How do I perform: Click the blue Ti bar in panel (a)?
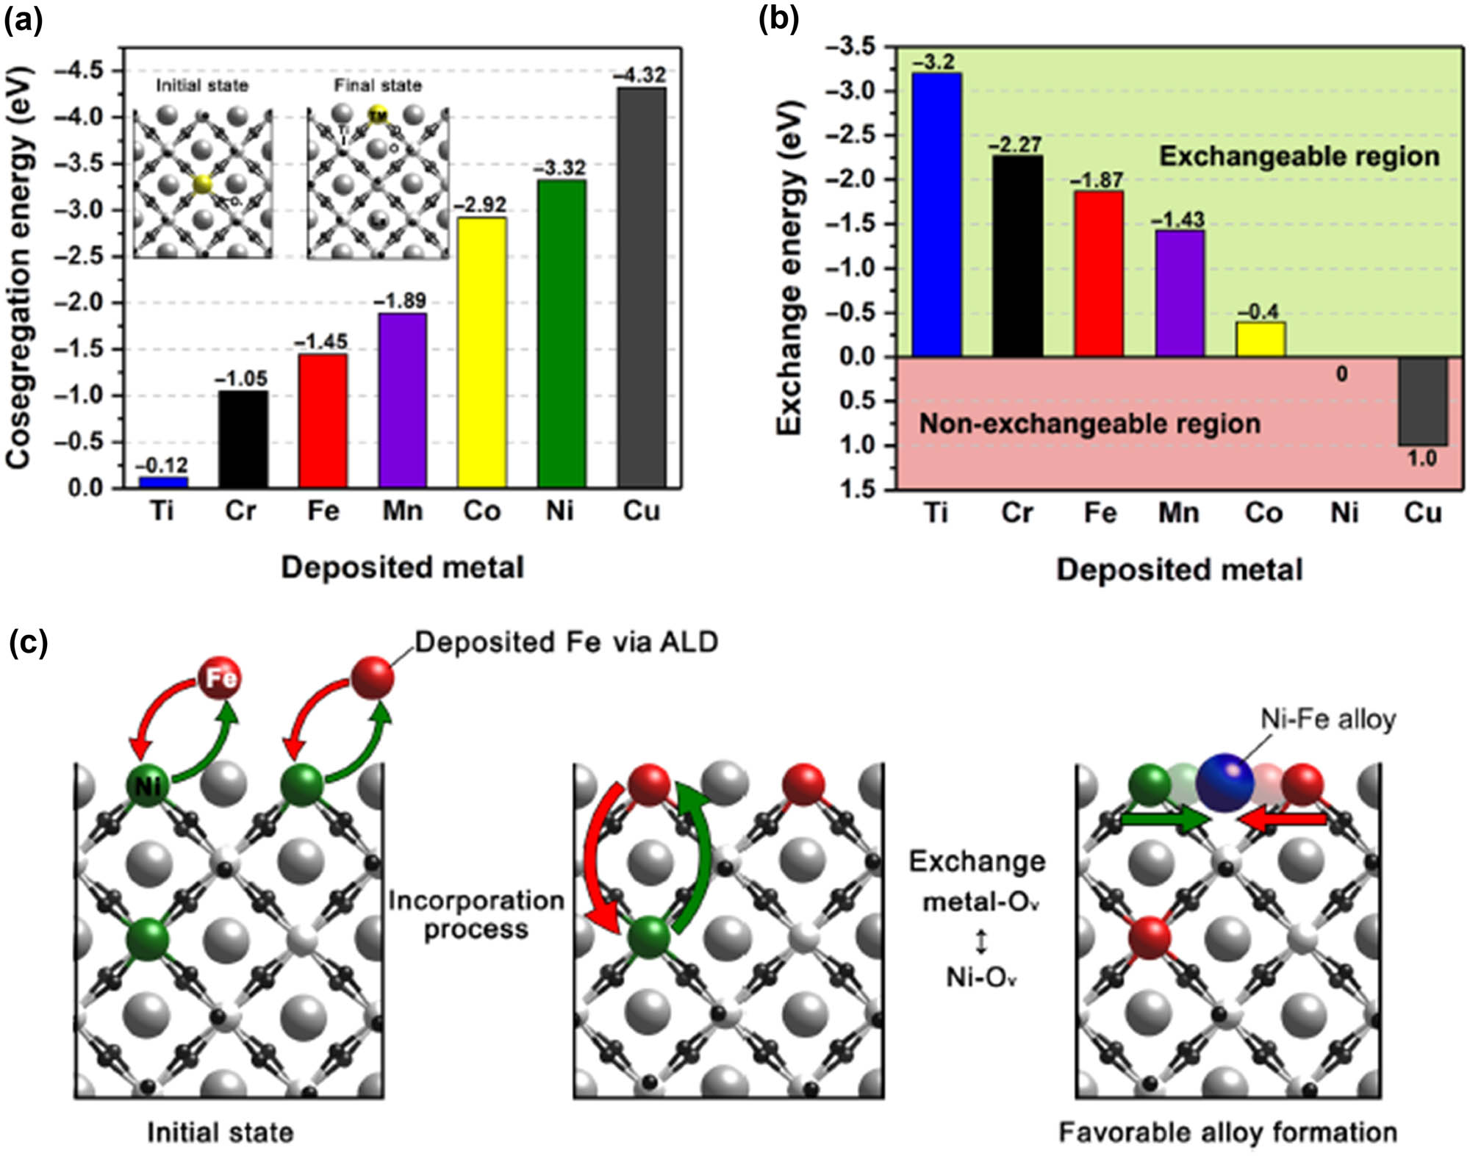click(x=163, y=482)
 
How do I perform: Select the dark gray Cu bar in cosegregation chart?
click(x=642, y=287)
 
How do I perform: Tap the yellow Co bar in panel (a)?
click(x=481, y=352)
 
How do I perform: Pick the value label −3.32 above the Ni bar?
click(x=560, y=168)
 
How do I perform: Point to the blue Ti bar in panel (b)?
click(x=936, y=215)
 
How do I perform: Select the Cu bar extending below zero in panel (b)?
click(x=1422, y=401)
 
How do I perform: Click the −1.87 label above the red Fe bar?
click(x=1097, y=180)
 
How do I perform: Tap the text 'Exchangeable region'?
click(x=1299, y=157)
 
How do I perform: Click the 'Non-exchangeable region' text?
click(x=1089, y=424)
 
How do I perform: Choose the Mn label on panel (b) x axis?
click(x=1178, y=513)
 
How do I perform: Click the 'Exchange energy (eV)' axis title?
click(x=789, y=268)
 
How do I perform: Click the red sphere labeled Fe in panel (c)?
click(x=220, y=677)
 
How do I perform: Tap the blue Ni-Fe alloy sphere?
click(x=1225, y=783)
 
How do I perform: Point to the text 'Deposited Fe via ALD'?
click(x=566, y=642)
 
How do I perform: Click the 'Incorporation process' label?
click(x=476, y=914)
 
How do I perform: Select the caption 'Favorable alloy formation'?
click(x=1227, y=1132)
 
